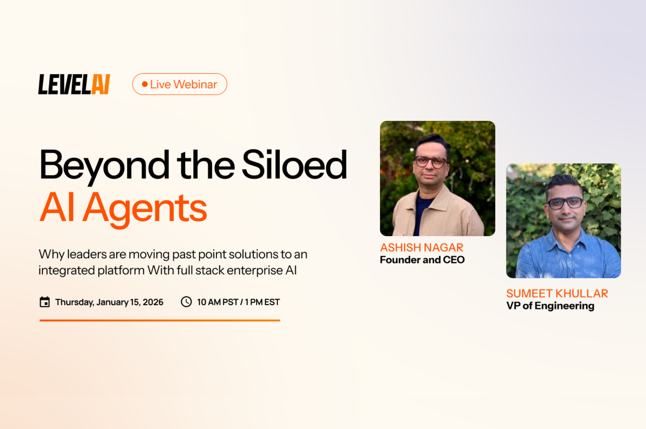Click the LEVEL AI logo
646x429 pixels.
pyautogui.click(x=74, y=84)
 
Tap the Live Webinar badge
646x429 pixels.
pyautogui.click(x=180, y=84)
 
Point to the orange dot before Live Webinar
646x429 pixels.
pyautogui.click(x=145, y=84)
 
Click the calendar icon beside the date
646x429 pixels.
pyautogui.click(x=45, y=302)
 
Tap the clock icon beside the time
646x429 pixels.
pyautogui.click(x=186, y=302)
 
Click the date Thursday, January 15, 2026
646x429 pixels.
pyautogui.click(x=109, y=302)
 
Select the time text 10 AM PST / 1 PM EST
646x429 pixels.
pyautogui.click(x=238, y=302)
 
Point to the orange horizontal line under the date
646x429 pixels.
pyautogui.click(x=160, y=320)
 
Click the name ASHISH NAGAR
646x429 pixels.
pyautogui.click(x=422, y=248)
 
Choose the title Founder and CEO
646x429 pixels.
pyautogui.click(x=422, y=260)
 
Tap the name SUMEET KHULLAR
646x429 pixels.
pyautogui.click(x=557, y=293)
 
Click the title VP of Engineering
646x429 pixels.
pyautogui.click(x=550, y=306)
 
